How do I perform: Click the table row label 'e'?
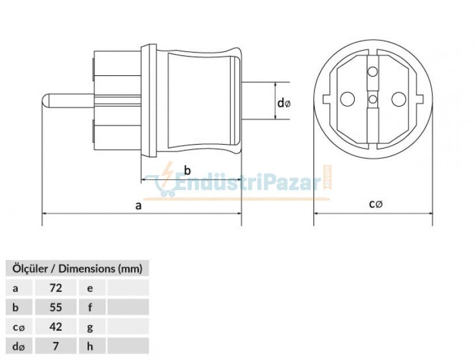tap(90, 287)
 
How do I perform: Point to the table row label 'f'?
tap(90, 307)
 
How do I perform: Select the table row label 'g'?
tap(90, 327)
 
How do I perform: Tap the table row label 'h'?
tap(90, 346)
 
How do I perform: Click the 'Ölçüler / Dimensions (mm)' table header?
tap(77, 268)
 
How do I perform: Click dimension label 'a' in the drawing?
tap(138, 205)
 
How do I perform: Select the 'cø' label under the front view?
tap(375, 204)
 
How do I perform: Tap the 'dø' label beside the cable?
tap(284, 103)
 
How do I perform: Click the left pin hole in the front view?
tap(347, 99)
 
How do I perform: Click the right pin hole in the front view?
tap(399, 99)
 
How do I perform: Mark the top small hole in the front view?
tap(373, 72)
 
